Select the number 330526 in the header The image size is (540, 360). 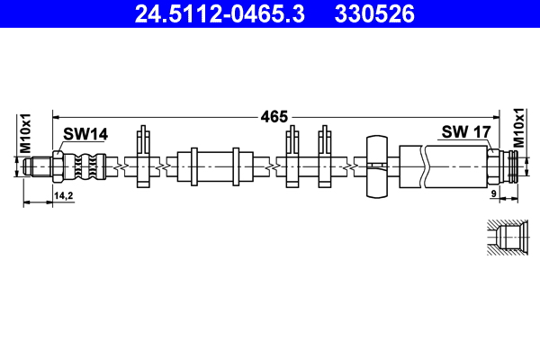click(x=374, y=13)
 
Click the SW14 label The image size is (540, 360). click(x=85, y=134)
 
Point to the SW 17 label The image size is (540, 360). click(x=465, y=132)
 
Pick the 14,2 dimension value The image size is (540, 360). click(x=64, y=195)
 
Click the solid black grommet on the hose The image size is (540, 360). click(x=377, y=166)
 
